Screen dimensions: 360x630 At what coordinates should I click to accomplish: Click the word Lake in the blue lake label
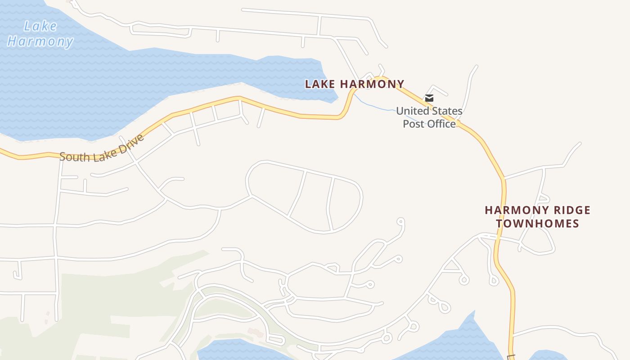click(x=40, y=26)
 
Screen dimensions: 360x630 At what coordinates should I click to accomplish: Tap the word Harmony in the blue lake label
click(x=40, y=41)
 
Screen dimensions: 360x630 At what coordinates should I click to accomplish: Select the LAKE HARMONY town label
click(x=355, y=84)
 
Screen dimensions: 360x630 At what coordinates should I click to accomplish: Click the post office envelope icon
click(x=429, y=98)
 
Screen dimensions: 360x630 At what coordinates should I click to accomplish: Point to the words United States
click(x=429, y=111)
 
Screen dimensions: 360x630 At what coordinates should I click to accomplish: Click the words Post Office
click(x=429, y=124)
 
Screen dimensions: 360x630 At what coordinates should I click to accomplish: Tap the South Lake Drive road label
click(x=102, y=148)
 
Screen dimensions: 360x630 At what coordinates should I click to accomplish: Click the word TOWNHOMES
click(x=537, y=224)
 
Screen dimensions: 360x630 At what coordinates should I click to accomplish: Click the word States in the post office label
click(x=446, y=111)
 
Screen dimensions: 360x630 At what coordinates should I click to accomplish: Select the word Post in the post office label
click(x=413, y=124)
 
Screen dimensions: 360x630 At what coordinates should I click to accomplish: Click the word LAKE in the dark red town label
click(x=320, y=84)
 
